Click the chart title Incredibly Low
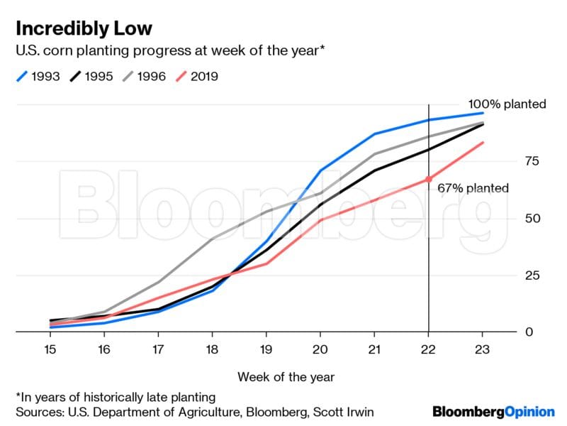(83, 28)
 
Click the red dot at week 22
(428, 179)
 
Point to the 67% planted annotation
(473, 188)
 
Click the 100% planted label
(507, 104)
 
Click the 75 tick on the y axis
(530, 161)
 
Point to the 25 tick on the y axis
(530, 275)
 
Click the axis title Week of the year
(286, 376)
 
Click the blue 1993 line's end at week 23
(483, 113)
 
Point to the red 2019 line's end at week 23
(483, 143)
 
